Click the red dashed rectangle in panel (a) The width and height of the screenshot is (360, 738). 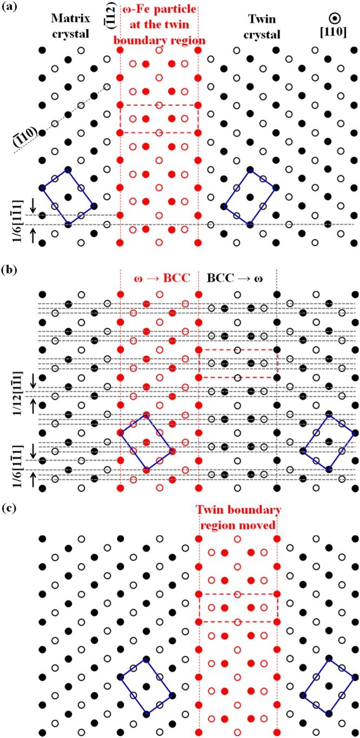(159, 118)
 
